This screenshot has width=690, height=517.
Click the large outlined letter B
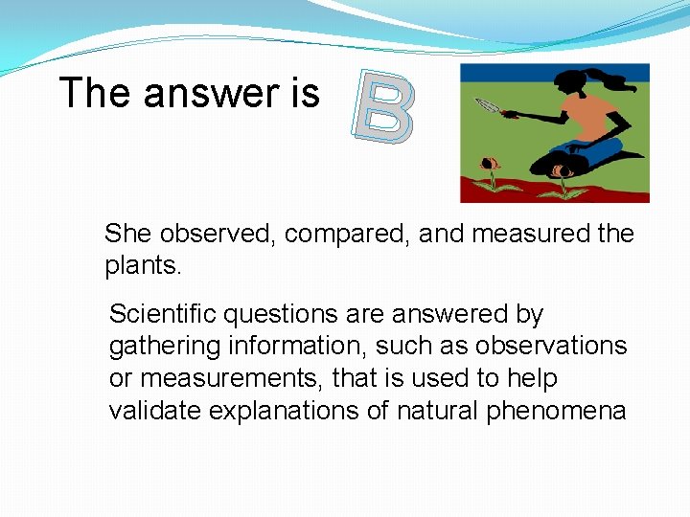pyautogui.click(x=382, y=105)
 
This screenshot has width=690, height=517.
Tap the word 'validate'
pyautogui.click(x=153, y=411)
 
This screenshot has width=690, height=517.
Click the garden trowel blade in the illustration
pyautogui.click(x=485, y=105)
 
